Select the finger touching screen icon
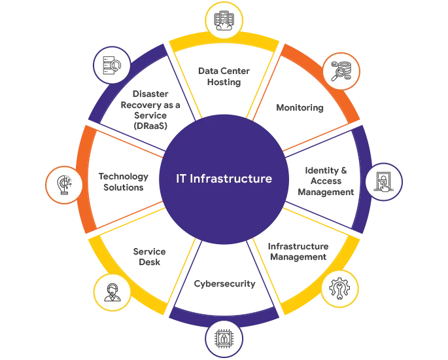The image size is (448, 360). (x=383, y=181)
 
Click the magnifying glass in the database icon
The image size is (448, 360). (x=338, y=73)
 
